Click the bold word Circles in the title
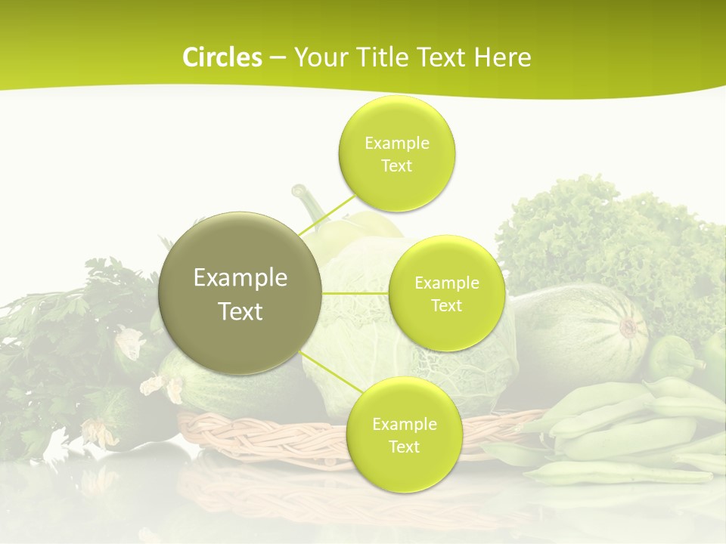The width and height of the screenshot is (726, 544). (222, 57)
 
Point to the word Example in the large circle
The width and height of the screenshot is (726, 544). (240, 278)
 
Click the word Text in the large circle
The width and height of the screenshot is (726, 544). (240, 311)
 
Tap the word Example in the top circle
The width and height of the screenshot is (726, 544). (397, 144)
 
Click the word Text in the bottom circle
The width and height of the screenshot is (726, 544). (404, 447)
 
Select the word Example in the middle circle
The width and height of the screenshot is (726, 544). (447, 283)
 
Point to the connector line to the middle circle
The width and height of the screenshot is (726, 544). (355, 293)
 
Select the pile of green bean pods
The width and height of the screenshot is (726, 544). (628, 438)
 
